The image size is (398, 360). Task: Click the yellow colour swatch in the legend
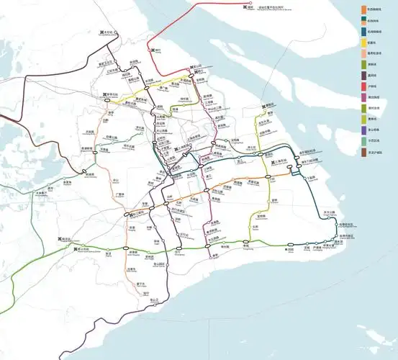(363, 42)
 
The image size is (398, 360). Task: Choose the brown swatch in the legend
(363, 153)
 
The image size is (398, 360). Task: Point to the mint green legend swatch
(363, 141)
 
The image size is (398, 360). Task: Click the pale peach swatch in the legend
(363, 53)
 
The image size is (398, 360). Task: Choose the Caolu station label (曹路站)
(273, 107)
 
